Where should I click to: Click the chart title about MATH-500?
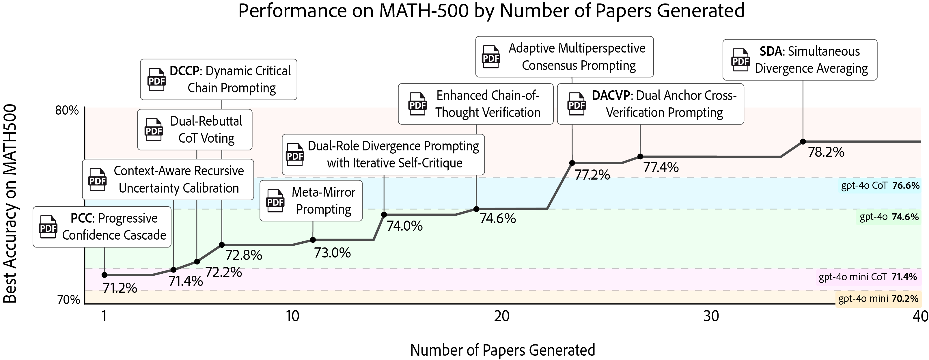click(x=491, y=11)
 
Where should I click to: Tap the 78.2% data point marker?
click(x=803, y=141)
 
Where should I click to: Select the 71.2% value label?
click(x=120, y=288)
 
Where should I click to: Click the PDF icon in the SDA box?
click(x=740, y=60)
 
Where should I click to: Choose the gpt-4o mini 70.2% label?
click(x=878, y=299)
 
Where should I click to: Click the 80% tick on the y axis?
click(x=67, y=110)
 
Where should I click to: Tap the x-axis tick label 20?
click(x=502, y=316)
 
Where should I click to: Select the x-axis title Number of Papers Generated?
click(x=502, y=350)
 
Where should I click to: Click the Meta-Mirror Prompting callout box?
click(x=311, y=201)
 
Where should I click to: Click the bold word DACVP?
click(x=611, y=96)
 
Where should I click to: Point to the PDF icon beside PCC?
click(x=48, y=227)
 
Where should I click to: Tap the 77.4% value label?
click(x=661, y=167)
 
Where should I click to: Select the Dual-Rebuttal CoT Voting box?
click(x=195, y=130)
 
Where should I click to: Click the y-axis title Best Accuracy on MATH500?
click(x=10, y=204)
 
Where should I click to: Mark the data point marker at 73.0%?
click(x=313, y=240)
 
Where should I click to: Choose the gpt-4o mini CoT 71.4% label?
click(x=867, y=277)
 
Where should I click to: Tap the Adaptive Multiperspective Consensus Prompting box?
click(x=564, y=57)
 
